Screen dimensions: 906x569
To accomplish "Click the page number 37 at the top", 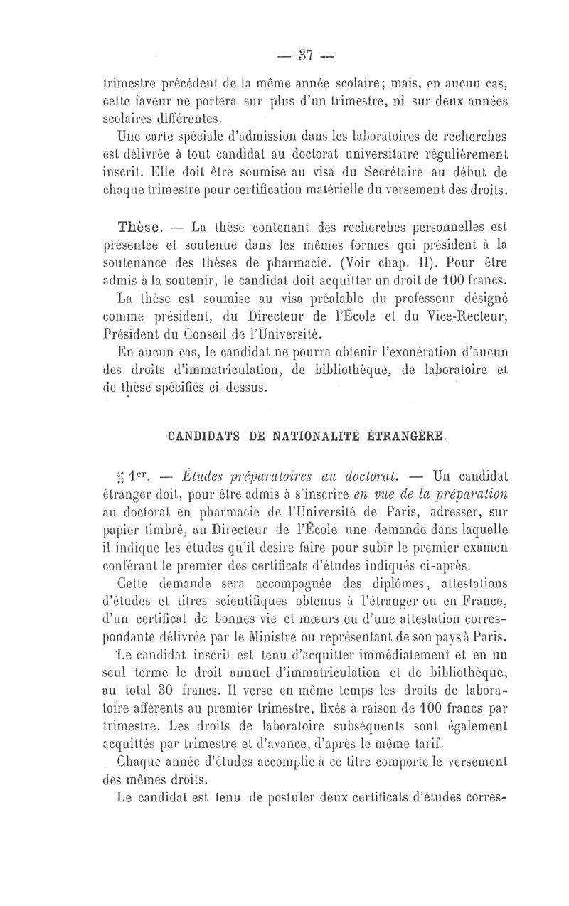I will click(308, 55).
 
